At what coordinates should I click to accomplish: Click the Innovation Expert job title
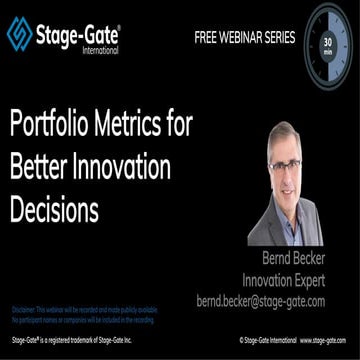(x=298, y=280)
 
